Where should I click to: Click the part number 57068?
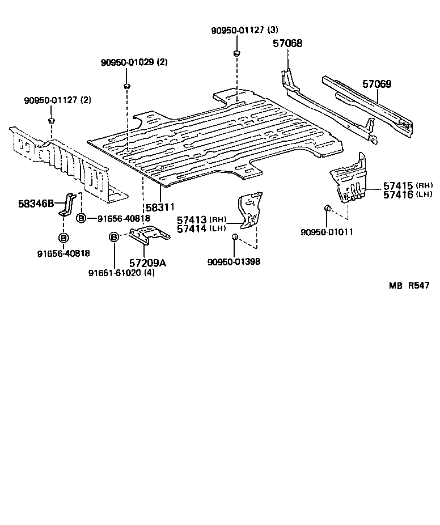[x=287, y=43]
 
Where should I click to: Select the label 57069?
[x=376, y=84]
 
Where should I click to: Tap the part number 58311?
[x=161, y=208]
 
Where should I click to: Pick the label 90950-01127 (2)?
[x=57, y=100]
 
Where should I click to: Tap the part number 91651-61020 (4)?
[x=121, y=273]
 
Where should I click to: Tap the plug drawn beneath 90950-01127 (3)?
[x=235, y=53]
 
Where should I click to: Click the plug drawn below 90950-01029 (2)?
[x=126, y=86]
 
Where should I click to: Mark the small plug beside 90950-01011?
[x=328, y=209]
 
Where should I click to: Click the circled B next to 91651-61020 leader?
[x=113, y=237]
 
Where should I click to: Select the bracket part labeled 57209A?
[x=149, y=234]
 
